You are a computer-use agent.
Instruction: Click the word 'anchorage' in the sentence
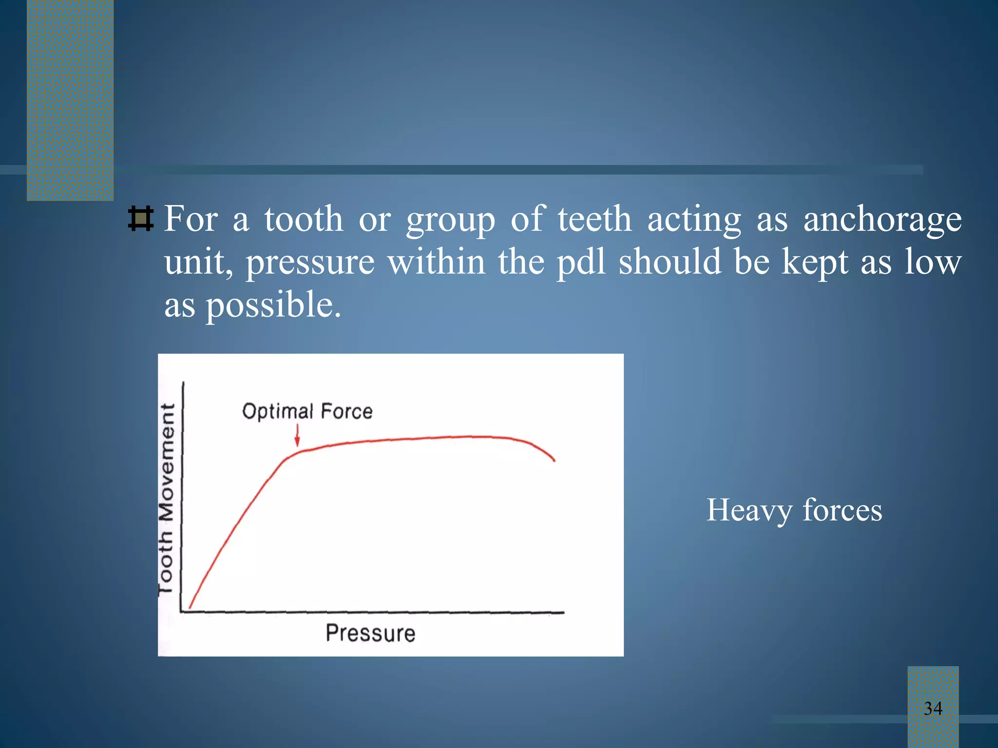(x=882, y=220)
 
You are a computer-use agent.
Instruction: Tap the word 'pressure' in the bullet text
(x=310, y=263)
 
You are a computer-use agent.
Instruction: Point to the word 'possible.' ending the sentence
(x=273, y=306)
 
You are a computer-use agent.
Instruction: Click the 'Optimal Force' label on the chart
(x=307, y=411)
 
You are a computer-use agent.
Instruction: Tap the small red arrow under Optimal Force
(x=297, y=435)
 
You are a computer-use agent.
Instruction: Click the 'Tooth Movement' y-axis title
(x=167, y=498)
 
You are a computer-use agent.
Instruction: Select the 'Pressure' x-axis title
(x=370, y=633)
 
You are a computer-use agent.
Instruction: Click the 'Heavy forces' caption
(x=794, y=510)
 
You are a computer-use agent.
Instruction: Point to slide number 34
(x=933, y=708)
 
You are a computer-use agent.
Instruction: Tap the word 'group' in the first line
(x=450, y=220)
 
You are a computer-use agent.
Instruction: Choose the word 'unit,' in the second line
(x=198, y=263)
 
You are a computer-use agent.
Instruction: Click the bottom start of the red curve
(x=190, y=607)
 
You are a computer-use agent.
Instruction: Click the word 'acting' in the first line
(x=694, y=220)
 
